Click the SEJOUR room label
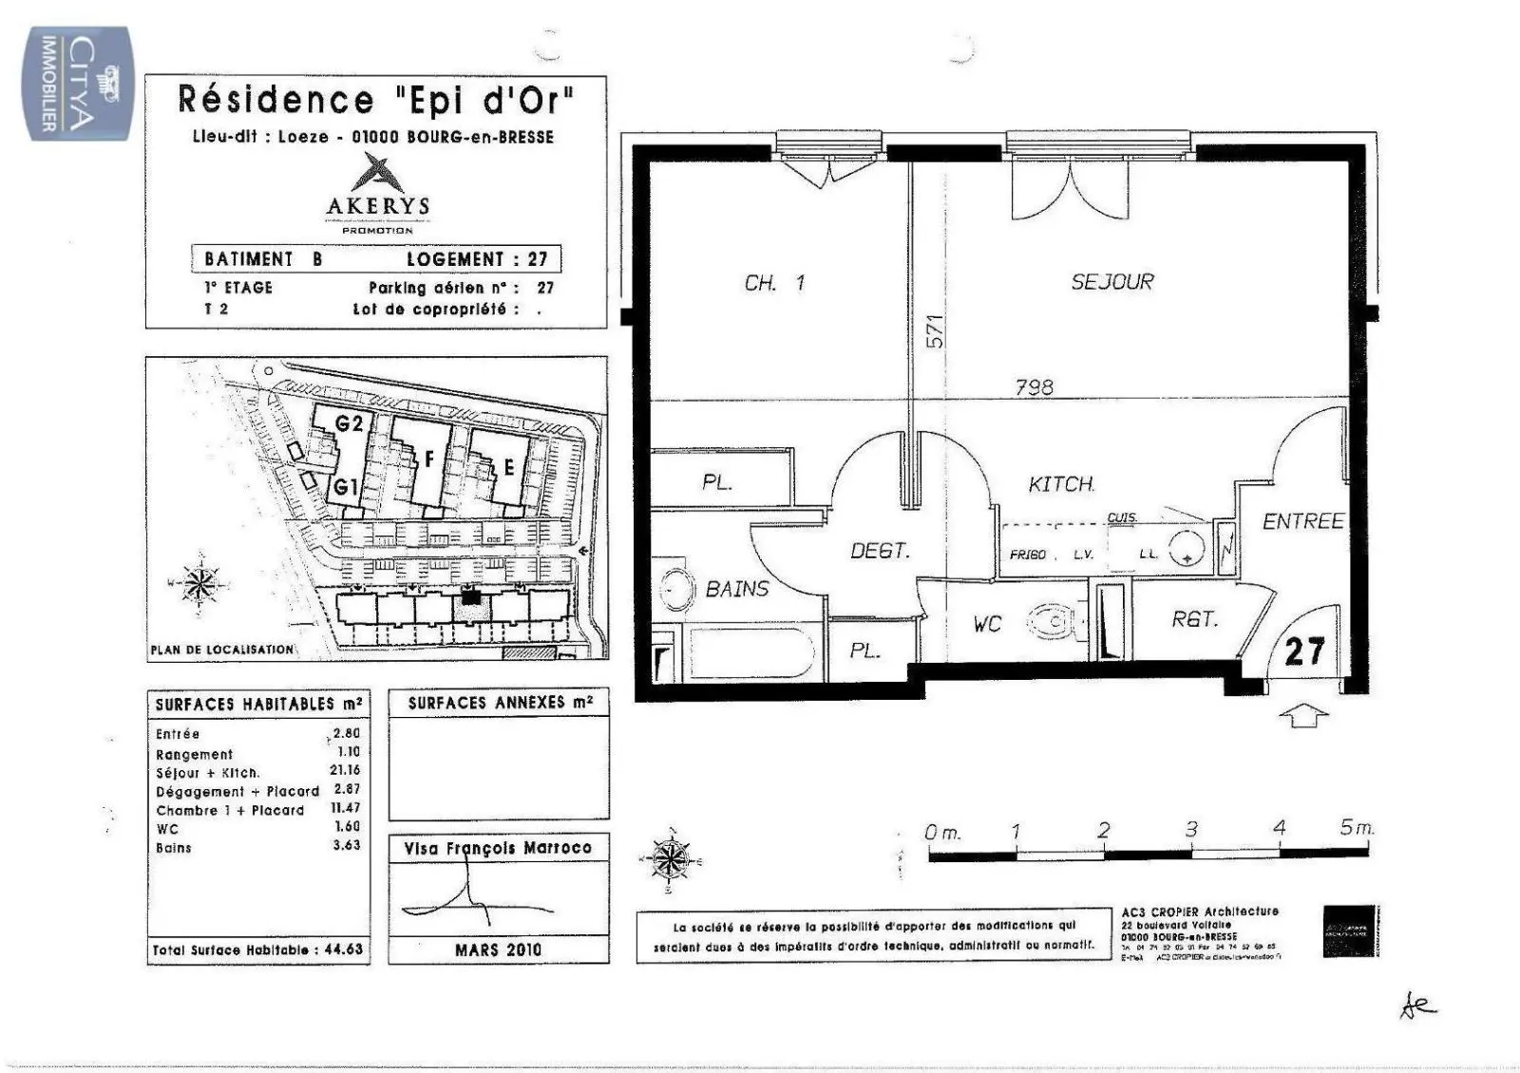tap(1111, 282)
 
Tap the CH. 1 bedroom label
tap(774, 283)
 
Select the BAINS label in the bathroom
tap(737, 589)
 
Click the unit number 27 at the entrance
tap(1303, 651)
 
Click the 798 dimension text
tap(1034, 386)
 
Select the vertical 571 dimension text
tap(935, 331)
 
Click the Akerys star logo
tap(377, 174)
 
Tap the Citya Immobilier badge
tap(78, 84)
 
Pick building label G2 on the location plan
tap(350, 424)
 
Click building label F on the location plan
tap(429, 460)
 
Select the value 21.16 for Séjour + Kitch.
tap(345, 770)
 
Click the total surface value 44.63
tap(343, 949)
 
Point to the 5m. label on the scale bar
tap(1357, 827)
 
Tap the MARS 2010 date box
tap(498, 949)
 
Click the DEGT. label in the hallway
tap(880, 551)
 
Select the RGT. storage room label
tap(1194, 619)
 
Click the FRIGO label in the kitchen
tap(1027, 555)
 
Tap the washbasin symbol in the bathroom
tap(674, 589)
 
